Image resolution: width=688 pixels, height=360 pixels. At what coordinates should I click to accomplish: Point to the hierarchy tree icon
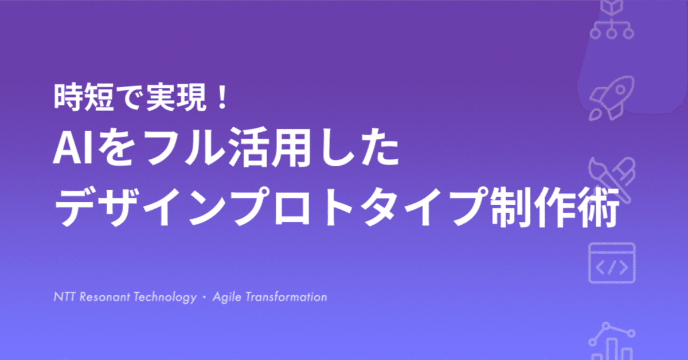pos(611,20)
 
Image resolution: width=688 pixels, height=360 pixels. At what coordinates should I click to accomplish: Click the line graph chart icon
pos(611,342)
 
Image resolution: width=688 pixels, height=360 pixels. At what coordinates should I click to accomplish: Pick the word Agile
pos(226,298)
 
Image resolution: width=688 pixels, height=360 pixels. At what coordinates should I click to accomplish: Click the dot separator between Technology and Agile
pos(203,298)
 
